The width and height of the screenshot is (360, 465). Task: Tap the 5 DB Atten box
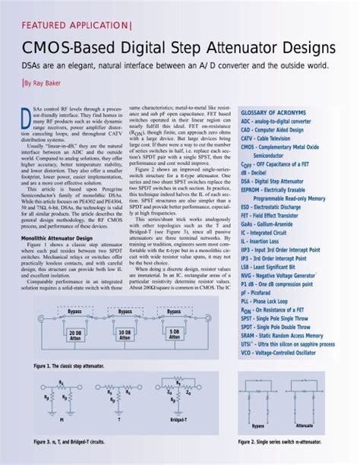tap(173, 335)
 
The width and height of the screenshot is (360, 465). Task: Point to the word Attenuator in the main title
tap(226, 48)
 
